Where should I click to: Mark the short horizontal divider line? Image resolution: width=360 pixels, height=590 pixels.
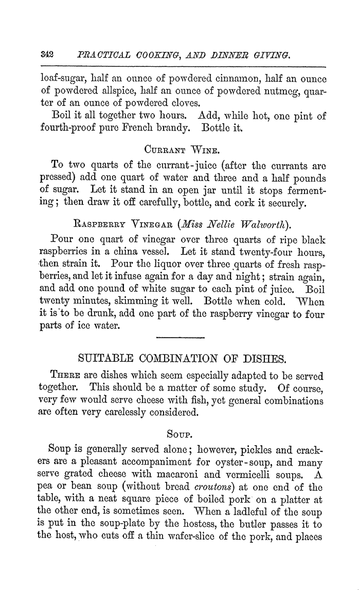pos(179,337)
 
